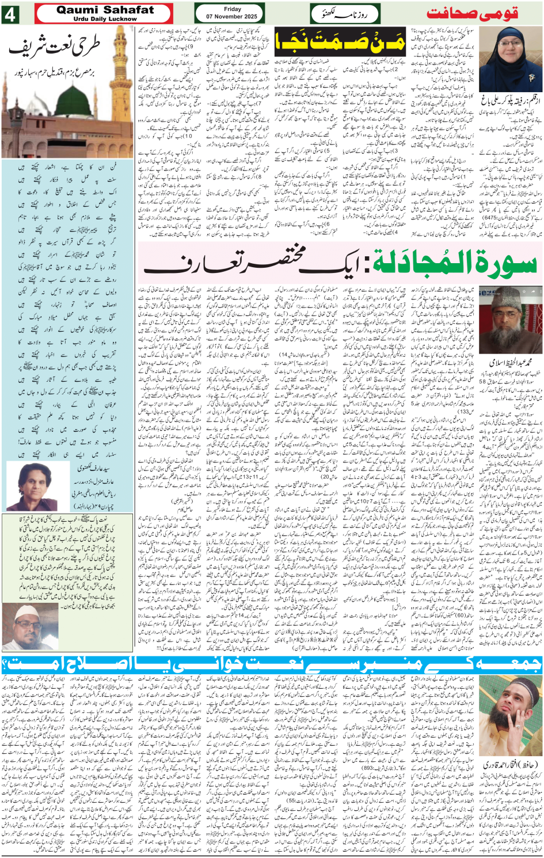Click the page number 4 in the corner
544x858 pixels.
10,14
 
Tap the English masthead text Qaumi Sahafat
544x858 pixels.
105,9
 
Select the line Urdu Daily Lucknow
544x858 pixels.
105,19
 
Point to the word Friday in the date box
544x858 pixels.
232,9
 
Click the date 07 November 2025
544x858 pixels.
232,17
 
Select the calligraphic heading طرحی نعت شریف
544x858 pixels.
55,47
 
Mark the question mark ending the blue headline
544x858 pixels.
7,664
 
